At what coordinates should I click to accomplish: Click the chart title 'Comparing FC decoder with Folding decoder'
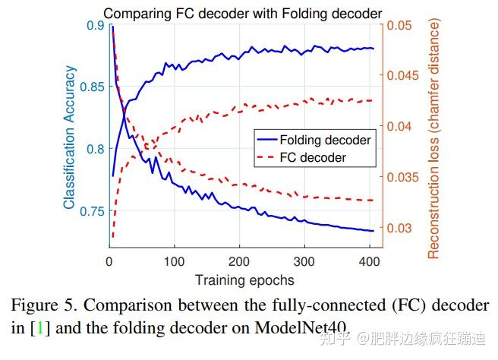pos(242,13)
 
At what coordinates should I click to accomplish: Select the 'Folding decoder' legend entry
pos(325,141)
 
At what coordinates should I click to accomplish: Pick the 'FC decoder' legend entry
pos(313,158)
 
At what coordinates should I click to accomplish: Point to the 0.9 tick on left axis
pos(95,26)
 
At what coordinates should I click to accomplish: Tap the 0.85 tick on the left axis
pos(92,87)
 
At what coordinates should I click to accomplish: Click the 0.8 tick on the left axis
pos(95,149)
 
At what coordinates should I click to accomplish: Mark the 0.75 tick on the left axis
pos(92,210)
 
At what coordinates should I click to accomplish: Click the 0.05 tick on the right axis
pos(402,26)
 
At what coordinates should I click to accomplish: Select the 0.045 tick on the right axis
pos(405,76)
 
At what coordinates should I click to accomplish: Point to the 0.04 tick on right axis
pos(402,127)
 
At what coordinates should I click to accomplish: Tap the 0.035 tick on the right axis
pos(405,178)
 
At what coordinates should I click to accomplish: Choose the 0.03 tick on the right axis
pos(402,228)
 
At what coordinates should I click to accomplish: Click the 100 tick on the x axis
pos(174,261)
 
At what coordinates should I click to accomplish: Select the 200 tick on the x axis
pos(239,261)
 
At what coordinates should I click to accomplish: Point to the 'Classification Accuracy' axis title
pos(69,137)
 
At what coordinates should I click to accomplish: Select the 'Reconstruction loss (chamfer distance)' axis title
pos(434,139)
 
